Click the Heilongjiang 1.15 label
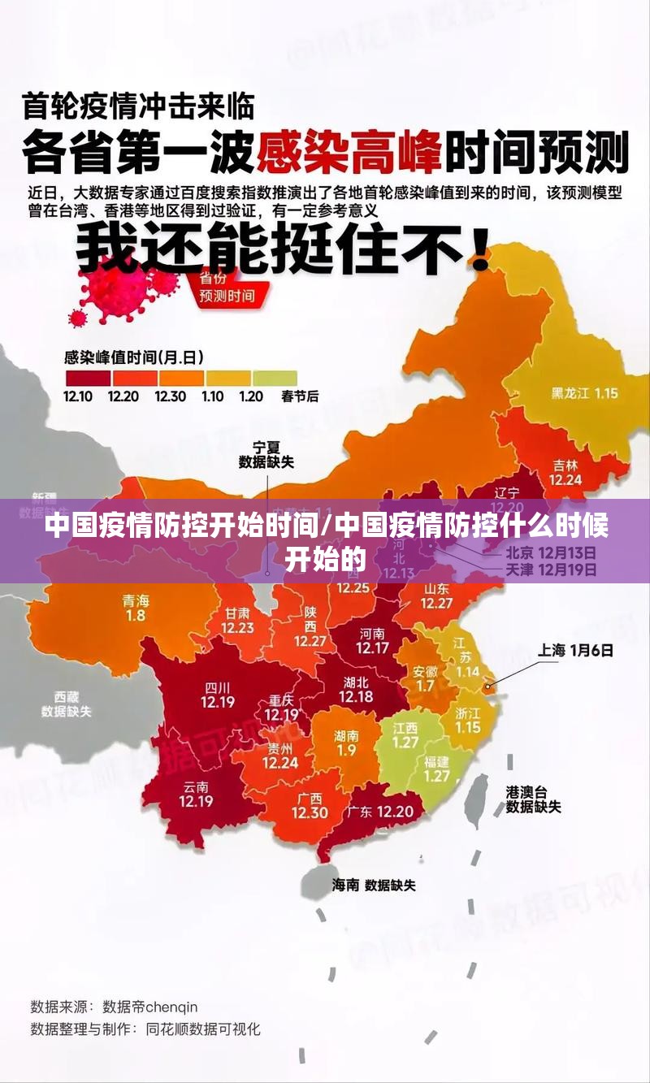pos(584,393)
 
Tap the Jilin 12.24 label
pos(565,473)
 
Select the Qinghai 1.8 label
pos(136,608)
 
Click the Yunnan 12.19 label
pos(196,793)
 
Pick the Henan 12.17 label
pos(372,641)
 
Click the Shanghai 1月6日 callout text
pos(575,650)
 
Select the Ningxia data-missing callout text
pos(266,455)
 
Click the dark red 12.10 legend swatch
pos(87,378)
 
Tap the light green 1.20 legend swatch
pos(275,378)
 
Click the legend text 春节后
pos(300,396)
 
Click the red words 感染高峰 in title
pos(349,150)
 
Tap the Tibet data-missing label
pos(67,704)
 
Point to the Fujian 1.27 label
pos(436,769)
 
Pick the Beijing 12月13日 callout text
pos(551,552)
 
